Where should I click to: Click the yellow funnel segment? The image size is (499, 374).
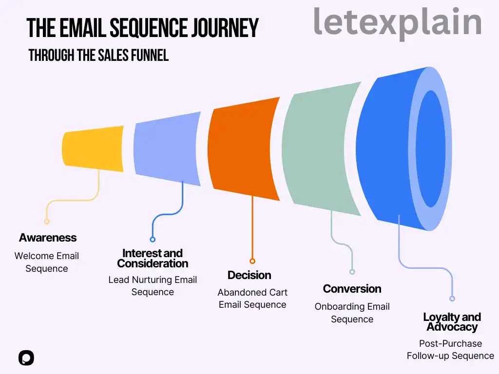pos(93,149)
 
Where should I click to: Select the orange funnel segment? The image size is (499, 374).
pos(244,149)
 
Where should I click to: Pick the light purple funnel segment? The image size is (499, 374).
pos(167,149)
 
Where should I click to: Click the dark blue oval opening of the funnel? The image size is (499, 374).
pos(431,149)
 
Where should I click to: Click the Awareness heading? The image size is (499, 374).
pos(48,238)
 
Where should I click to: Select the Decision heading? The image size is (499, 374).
pos(249,275)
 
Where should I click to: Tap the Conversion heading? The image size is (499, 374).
pos(352,289)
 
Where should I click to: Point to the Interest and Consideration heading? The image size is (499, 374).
pos(153,258)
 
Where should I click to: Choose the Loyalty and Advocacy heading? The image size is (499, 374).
pos(452,322)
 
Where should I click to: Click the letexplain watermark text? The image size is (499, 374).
pos(398,22)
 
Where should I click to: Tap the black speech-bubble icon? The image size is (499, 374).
pos(26,358)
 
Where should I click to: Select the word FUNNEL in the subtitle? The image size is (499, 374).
pos(150,56)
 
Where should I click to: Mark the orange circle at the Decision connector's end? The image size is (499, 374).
pos(252,261)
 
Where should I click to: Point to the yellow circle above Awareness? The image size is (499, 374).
pos(47,222)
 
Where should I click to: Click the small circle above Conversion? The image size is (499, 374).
pos(352,272)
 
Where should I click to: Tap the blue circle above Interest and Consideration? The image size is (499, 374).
pos(153,239)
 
